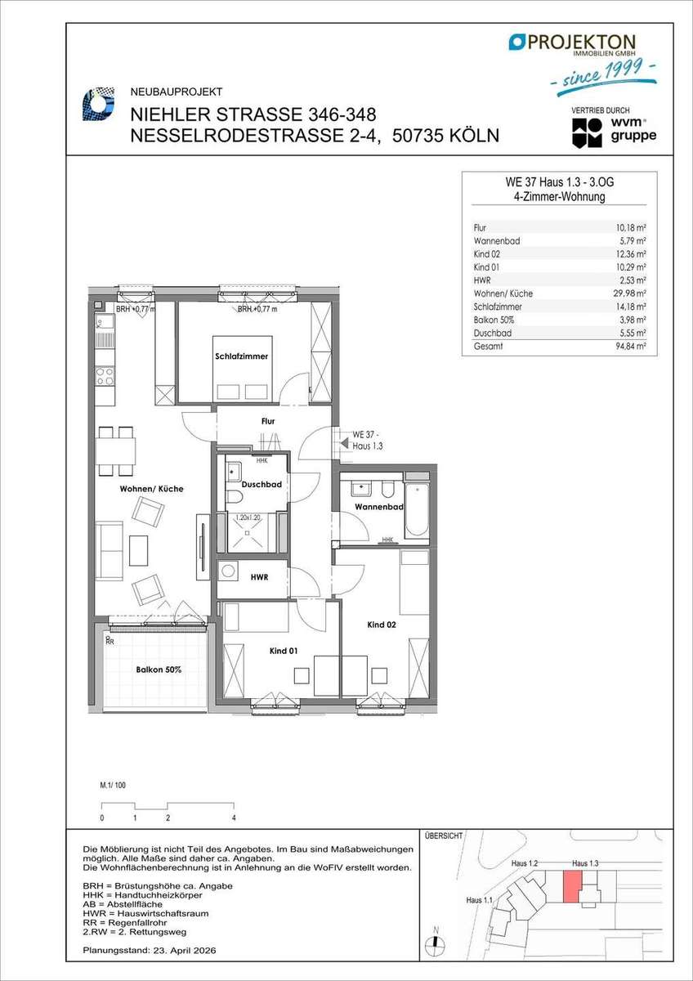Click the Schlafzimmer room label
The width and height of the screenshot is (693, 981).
coord(241,356)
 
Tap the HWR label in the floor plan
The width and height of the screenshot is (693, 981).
coord(259,578)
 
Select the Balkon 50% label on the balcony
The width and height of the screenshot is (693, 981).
coord(159,670)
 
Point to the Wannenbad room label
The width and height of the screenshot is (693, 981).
coord(379,507)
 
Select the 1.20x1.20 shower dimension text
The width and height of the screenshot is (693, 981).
coord(248,517)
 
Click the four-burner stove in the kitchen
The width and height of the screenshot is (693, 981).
coord(105,376)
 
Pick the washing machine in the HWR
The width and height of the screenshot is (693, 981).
coord(228,571)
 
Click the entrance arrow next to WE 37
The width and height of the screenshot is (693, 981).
coord(345,443)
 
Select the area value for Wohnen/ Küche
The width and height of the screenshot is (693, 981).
coord(629,293)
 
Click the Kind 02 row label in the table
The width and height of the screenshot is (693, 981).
coord(487,254)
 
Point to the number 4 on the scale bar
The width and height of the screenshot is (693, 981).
coord(234,817)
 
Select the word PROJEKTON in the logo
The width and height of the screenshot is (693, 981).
coord(581,42)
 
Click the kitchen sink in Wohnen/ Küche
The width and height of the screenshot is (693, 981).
coord(105,323)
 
